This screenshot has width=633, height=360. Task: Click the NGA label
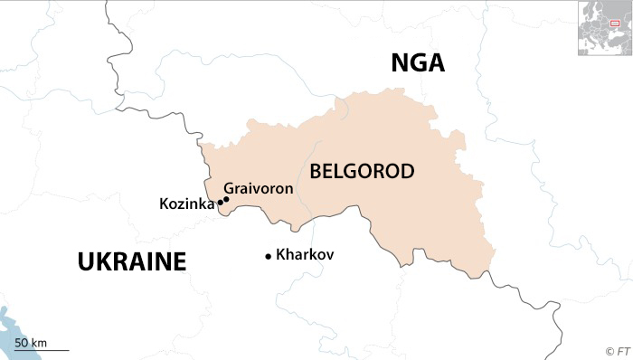418,62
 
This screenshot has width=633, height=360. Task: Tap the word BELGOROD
362,171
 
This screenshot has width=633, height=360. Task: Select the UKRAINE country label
132,262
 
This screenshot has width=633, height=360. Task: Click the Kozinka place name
186,204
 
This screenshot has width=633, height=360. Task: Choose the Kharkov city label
305,255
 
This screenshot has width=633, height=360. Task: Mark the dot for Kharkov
268,257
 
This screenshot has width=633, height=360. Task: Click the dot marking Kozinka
220,204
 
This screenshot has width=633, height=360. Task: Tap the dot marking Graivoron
226,199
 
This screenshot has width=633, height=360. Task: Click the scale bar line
41,350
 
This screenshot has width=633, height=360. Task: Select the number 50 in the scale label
22,342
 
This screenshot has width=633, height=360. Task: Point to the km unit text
38,342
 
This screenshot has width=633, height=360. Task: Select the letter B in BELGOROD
316,171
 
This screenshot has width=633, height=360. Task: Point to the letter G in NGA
418,62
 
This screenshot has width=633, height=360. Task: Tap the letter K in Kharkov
280,255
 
